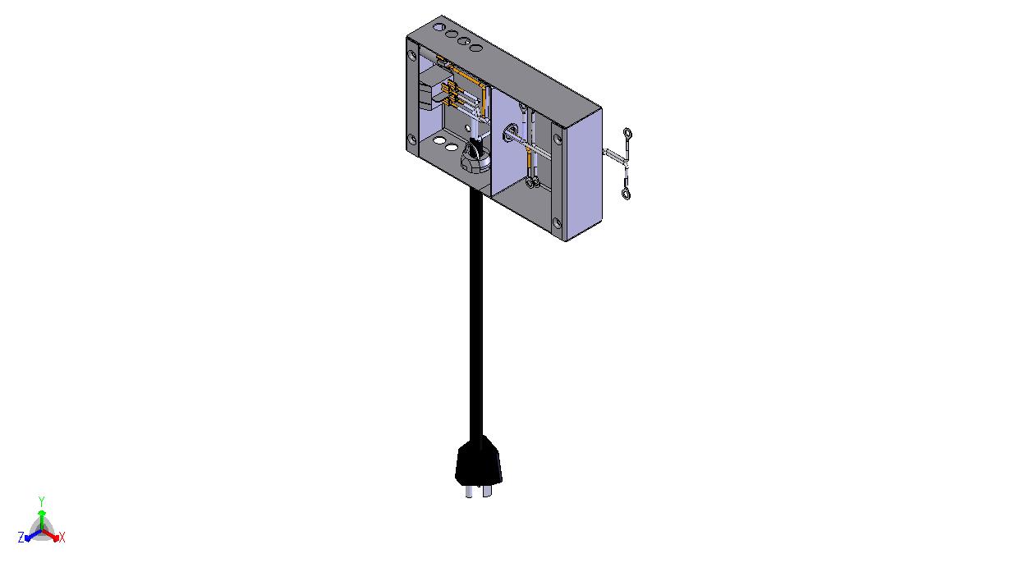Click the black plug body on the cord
coord(478,461)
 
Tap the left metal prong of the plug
coord(469,492)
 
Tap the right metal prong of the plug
coord(487,491)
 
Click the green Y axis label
coord(41,501)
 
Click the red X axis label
coord(62,538)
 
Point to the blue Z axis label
coord(21,538)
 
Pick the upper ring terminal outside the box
coord(627,134)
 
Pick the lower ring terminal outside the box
coord(626,194)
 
